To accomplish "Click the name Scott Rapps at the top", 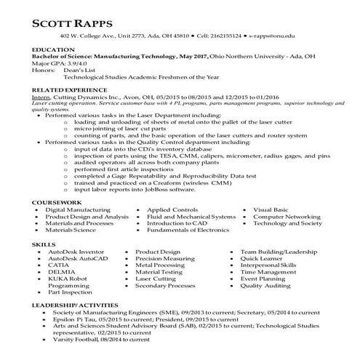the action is coord(78,23).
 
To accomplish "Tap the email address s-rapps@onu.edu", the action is coord(272,35).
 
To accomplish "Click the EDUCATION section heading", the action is coord(53,49).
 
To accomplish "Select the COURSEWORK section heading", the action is coord(57,201).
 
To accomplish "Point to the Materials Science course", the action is coord(70,231).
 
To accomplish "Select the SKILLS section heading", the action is coord(44,244).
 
